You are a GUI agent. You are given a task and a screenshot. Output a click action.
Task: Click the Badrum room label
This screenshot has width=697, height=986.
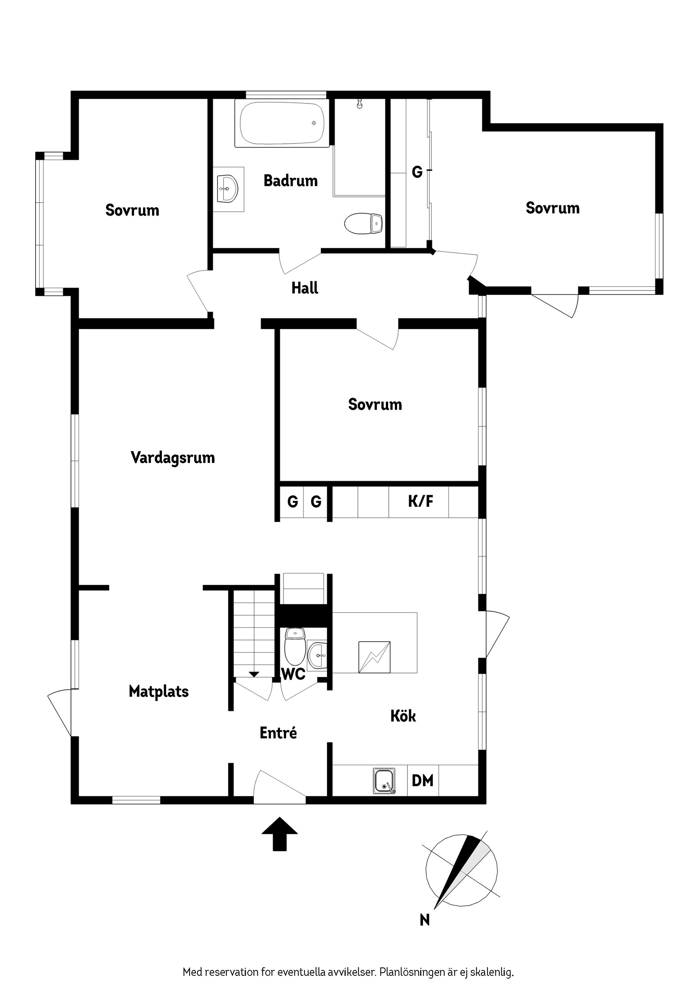pyautogui.click(x=290, y=180)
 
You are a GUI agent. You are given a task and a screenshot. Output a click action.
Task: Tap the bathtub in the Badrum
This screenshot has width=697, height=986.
pyautogui.click(x=282, y=123)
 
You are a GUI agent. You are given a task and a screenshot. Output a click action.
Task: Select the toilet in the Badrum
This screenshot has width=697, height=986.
pyautogui.click(x=363, y=223)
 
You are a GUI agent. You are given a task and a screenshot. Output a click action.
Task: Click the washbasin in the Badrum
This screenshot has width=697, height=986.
pyautogui.click(x=228, y=188)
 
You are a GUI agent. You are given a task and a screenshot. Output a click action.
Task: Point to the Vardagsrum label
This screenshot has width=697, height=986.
pyautogui.click(x=173, y=457)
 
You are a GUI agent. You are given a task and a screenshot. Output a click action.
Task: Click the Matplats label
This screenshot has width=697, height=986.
pyautogui.click(x=159, y=692)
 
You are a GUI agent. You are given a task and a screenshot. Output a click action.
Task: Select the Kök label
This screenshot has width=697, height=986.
pyautogui.click(x=403, y=716)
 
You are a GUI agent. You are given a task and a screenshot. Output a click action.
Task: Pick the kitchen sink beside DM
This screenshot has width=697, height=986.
pyautogui.click(x=384, y=781)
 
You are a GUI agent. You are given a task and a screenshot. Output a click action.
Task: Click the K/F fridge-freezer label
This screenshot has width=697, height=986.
pyautogui.click(x=420, y=501)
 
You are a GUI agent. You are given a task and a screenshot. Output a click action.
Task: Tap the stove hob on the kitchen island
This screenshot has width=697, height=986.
pyautogui.click(x=374, y=657)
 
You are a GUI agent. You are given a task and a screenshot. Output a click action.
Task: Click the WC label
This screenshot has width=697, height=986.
pyautogui.click(x=294, y=674)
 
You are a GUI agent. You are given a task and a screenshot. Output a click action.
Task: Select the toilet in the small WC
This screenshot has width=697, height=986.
pyautogui.click(x=295, y=645)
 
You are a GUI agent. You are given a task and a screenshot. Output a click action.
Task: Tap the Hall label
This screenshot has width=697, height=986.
pyautogui.click(x=305, y=288)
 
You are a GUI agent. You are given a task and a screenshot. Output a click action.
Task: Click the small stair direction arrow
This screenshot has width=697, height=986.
pyautogui.click(x=254, y=674)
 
